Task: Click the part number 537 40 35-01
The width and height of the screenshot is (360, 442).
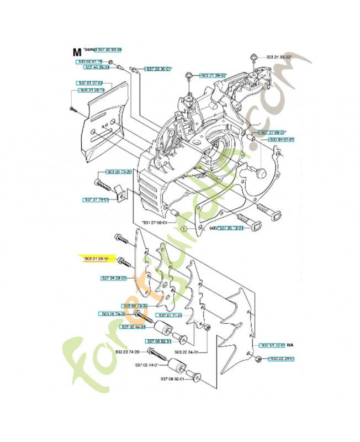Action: coord(97,67)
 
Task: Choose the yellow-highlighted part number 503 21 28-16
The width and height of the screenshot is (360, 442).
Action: coord(97,259)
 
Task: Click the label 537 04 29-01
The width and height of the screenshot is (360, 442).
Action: coord(114,278)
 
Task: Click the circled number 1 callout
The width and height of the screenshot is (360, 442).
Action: coord(183,227)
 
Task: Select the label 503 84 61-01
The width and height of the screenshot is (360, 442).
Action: coord(282,140)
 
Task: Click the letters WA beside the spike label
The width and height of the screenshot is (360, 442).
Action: coord(290,345)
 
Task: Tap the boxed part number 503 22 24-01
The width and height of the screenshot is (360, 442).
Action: coord(282,359)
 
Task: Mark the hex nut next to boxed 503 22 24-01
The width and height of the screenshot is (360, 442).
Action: coord(258,360)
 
